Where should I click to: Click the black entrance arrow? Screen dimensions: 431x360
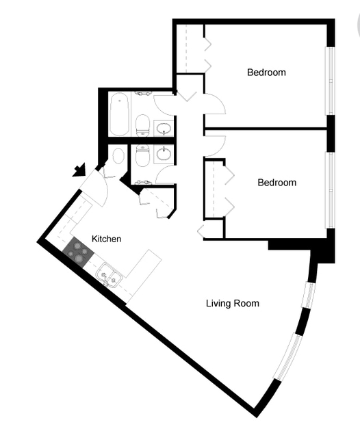79,169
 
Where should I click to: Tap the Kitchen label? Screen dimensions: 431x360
107,239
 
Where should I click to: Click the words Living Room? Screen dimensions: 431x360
233,303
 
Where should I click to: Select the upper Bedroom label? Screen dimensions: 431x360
266,72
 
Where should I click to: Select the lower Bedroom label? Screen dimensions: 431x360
277,182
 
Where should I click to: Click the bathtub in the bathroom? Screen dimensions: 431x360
120,114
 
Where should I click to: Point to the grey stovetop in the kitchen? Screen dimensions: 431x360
78,254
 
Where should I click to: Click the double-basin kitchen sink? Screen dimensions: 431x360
110,276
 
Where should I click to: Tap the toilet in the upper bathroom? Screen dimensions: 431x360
143,124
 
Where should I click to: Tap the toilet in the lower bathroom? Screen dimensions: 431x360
143,156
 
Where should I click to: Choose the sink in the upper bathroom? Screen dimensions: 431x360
164,128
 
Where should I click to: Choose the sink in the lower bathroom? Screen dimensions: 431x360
164,154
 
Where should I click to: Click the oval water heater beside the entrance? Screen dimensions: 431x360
118,155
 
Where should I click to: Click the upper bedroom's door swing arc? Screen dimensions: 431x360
215,104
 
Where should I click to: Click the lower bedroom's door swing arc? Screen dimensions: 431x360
215,145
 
